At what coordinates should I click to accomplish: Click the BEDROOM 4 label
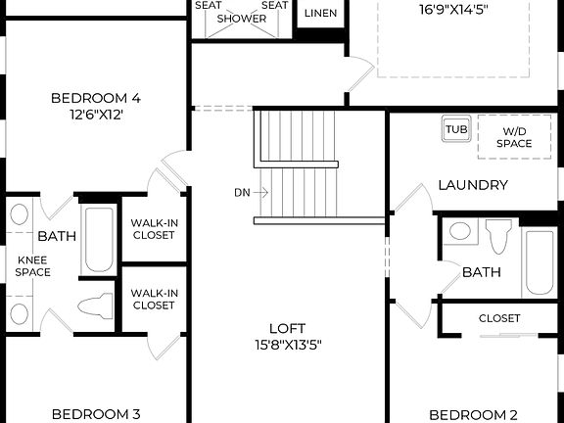(96, 98)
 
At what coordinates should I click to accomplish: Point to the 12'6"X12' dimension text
(96, 115)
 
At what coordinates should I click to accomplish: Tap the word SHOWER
(241, 19)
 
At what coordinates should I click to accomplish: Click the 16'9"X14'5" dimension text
(454, 11)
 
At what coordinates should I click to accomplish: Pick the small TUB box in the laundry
(456, 129)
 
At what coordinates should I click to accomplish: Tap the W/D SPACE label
(513, 137)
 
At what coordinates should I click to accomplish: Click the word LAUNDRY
(472, 185)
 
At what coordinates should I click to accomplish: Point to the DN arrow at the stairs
(252, 192)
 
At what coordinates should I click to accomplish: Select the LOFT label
(287, 328)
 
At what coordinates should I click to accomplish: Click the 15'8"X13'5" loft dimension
(287, 345)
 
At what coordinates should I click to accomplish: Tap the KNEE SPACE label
(32, 265)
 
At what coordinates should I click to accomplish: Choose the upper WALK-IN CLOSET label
(154, 229)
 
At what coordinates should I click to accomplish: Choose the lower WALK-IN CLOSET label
(154, 299)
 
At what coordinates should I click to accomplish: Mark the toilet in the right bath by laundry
(498, 235)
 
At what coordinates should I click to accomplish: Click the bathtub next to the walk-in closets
(97, 239)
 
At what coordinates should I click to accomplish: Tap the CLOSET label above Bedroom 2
(499, 318)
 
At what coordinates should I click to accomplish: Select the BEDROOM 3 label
(96, 413)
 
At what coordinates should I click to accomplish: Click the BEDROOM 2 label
(473, 413)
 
